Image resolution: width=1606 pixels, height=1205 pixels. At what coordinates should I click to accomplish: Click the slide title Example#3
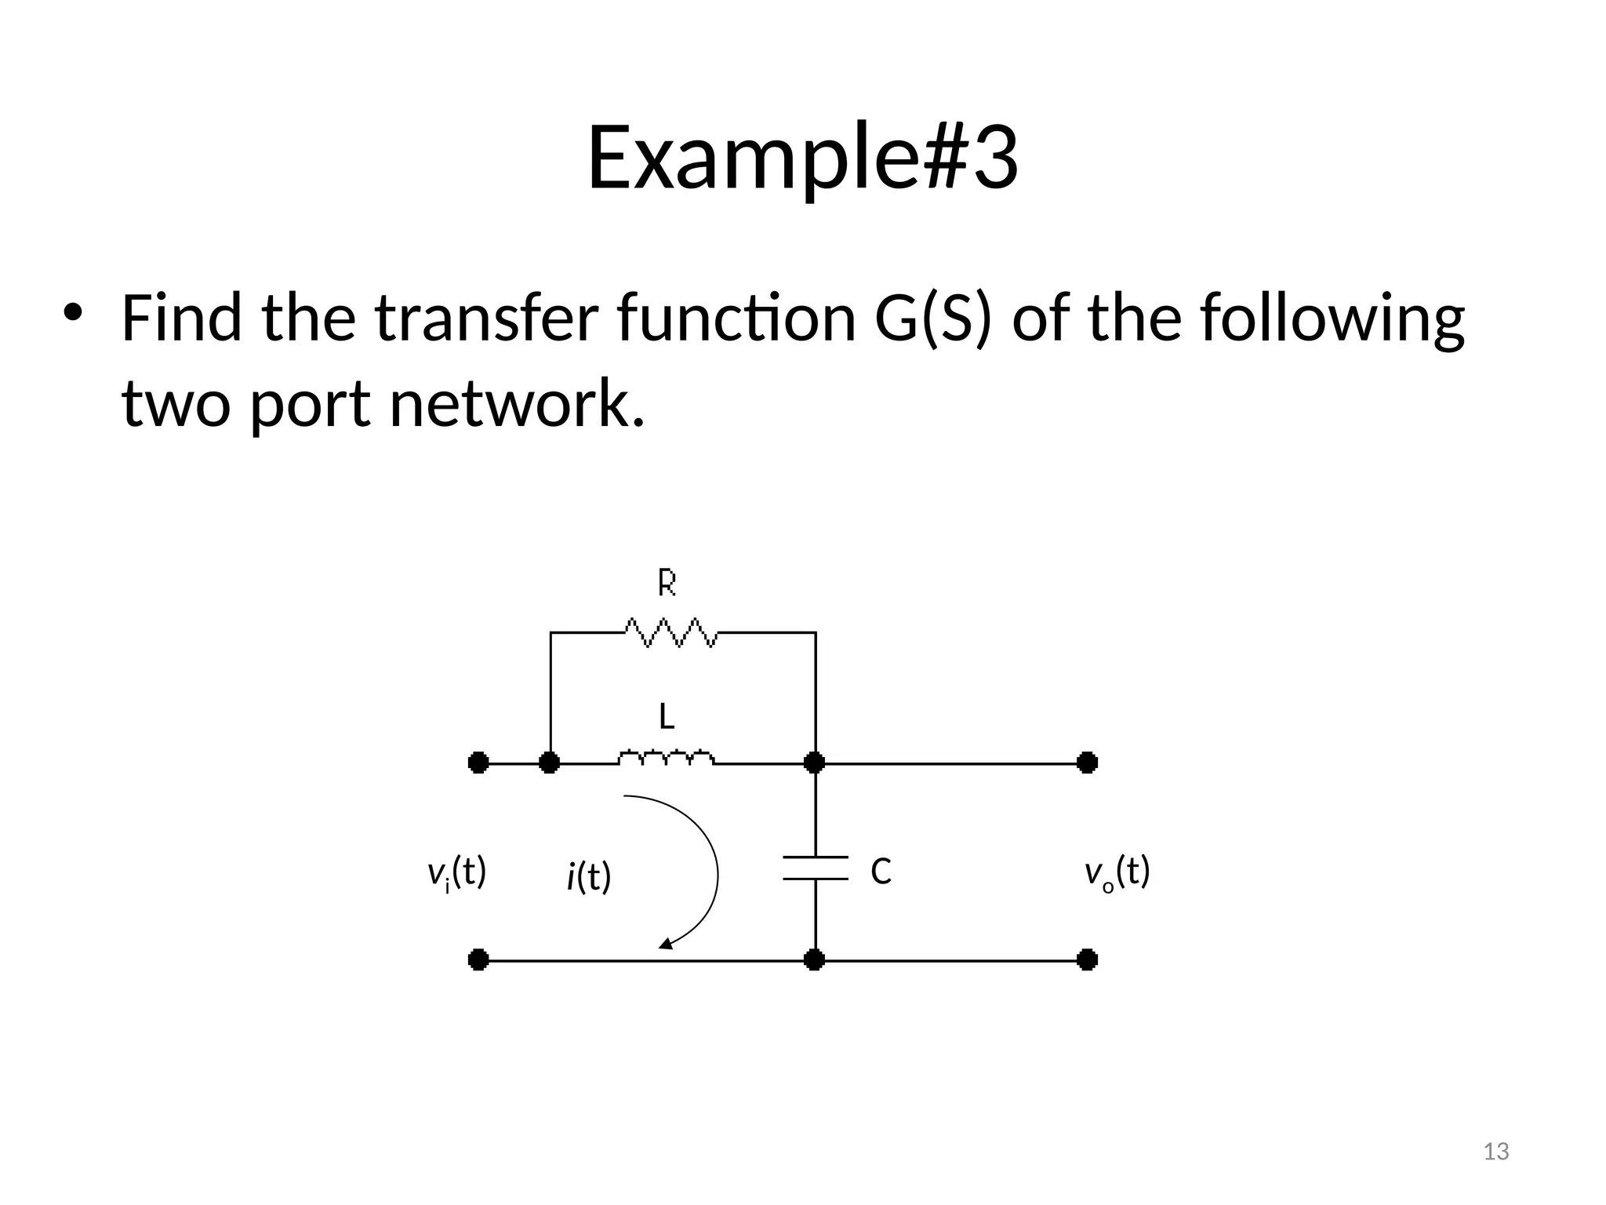(x=802, y=157)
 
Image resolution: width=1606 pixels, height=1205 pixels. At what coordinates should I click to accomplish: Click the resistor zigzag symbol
(x=671, y=632)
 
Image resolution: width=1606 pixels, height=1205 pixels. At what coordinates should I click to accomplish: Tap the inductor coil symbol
(x=667, y=759)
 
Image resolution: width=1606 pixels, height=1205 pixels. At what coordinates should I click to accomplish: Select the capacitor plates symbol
(x=816, y=868)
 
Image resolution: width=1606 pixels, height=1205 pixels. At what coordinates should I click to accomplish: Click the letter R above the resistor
(x=667, y=583)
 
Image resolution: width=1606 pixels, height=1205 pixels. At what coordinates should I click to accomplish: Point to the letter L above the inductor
(x=667, y=716)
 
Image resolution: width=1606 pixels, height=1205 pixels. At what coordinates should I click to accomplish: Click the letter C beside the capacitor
(x=881, y=872)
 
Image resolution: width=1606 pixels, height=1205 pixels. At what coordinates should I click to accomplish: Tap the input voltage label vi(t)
(x=456, y=872)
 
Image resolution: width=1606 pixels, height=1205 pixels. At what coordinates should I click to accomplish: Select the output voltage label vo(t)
(x=1117, y=872)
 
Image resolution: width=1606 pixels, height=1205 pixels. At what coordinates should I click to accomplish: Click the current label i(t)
(x=588, y=877)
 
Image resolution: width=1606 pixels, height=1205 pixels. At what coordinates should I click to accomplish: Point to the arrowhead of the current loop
(x=665, y=944)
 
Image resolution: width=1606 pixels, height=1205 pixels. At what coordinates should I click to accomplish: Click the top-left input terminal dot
(x=478, y=763)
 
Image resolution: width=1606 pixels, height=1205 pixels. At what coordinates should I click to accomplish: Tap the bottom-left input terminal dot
(x=478, y=959)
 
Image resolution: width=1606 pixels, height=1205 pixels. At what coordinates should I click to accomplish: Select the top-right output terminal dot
(x=1087, y=763)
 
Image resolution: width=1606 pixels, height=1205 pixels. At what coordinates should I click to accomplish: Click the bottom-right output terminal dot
(x=1087, y=959)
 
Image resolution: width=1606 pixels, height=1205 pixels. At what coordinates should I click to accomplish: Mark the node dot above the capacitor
(x=815, y=763)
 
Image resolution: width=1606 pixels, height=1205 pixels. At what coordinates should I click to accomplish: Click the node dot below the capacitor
(x=815, y=959)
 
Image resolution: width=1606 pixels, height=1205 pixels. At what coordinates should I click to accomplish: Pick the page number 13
(x=1496, y=1152)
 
